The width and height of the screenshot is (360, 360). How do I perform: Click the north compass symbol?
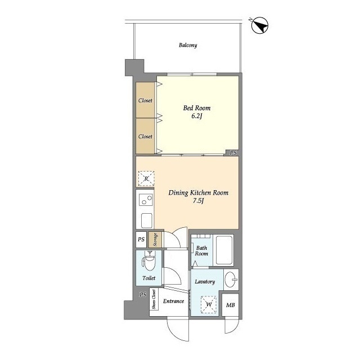pyautogui.click(x=260, y=25)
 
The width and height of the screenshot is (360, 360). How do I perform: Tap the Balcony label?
pyautogui.click(x=188, y=45)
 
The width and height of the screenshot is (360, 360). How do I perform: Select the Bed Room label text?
pyautogui.click(x=197, y=108)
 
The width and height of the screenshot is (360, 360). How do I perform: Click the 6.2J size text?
pyautogui.click(x=197, y=116)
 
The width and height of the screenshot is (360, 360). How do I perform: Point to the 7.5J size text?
pyautogui.click(x=199, y=201)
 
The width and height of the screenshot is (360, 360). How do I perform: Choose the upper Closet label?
pyautogui.click(x=145, y=101)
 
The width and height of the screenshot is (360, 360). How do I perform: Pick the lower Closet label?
pyautogui.click(x=145, y=136)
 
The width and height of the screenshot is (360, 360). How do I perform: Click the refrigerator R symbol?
pyautogui.click(x=146, y=179)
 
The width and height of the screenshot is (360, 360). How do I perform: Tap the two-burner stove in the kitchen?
pyautogui.click(x=146, y=200)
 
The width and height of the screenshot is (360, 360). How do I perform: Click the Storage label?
pyautogui.click(x=155, y=240)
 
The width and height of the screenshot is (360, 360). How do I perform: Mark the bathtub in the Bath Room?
pyautogui.click(x=224, y=250)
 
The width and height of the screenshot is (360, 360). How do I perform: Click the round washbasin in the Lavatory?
pyautogui.click(x=231, y=280)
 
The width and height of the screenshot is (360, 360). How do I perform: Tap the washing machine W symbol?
pyautogui.click(x=209, y=305)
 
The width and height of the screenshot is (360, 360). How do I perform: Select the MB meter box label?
pyautogui.click(x=230, y=305)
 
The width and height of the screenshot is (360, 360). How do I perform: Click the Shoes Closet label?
pyautogui.click(x=154, y=299)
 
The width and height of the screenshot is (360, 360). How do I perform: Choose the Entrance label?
pyautogui.click(x=174, y=301)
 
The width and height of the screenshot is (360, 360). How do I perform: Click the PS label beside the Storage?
pyautogui.click(x=141, y=240)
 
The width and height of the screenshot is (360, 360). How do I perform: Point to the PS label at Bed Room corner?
pyautogui.click(x=233, y=152)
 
